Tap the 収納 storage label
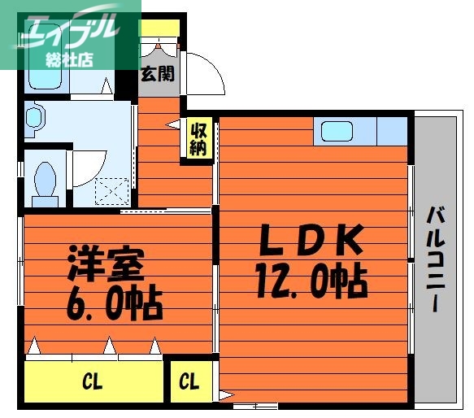point(198,138)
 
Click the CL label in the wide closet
point(92,381)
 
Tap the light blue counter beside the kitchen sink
point(392,131)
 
